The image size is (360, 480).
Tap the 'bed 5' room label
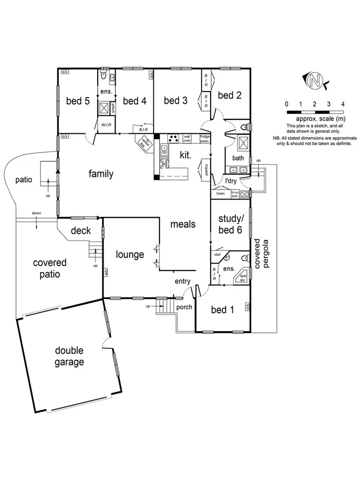pos(77,101)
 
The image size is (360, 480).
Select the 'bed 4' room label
pos(134,101)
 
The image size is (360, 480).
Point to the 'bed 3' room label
pos(175,100)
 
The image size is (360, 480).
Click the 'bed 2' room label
pos(230,95)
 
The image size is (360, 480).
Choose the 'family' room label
pos(101,174)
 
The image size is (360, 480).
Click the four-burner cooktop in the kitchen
pos(173,138)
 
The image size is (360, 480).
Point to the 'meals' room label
pos(182,225)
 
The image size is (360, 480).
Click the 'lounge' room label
pos(130,254)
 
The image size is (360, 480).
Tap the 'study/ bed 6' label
pos(230,225)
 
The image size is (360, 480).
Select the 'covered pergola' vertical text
pos(261,253)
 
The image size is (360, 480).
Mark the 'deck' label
pos(81,231)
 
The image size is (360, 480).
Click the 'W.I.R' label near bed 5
pos(106,125)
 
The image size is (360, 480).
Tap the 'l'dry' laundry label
pos(230,181)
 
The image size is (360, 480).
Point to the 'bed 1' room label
pos(222,310)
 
